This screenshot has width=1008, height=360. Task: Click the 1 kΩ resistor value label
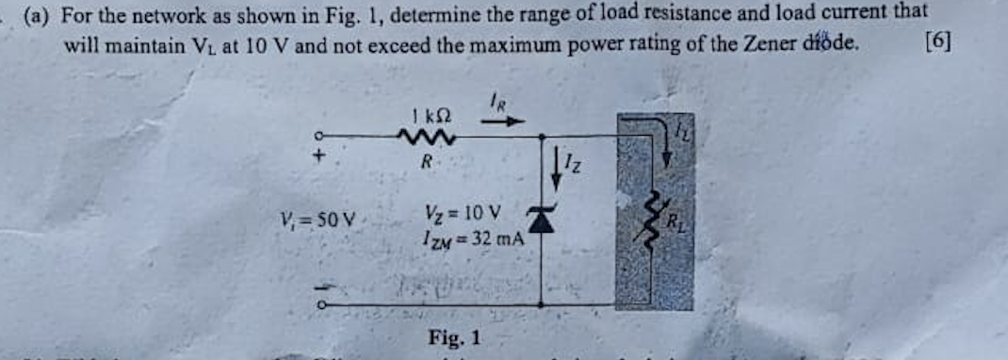coord(428,117)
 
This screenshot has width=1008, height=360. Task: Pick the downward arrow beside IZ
coord(557,167)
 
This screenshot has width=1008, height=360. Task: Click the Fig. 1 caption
coord(454,335)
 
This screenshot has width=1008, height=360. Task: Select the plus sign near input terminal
coord(318,157)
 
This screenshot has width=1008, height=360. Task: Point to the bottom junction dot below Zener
coord(541,303)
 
